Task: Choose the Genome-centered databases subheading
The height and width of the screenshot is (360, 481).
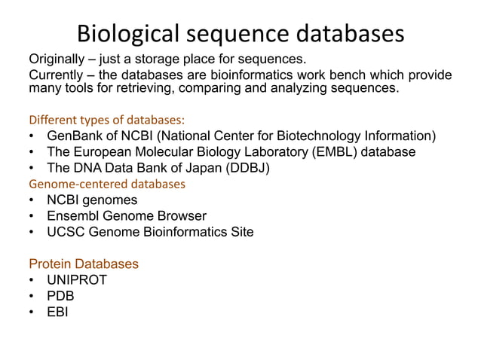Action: click(107, 184)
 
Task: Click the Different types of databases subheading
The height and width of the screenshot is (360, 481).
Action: click(107, 120)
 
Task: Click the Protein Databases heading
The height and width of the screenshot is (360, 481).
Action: click(84, 264)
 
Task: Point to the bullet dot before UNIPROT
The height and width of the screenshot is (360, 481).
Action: click(33, 280)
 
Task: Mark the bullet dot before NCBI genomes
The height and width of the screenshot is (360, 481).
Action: click(33, 200)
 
